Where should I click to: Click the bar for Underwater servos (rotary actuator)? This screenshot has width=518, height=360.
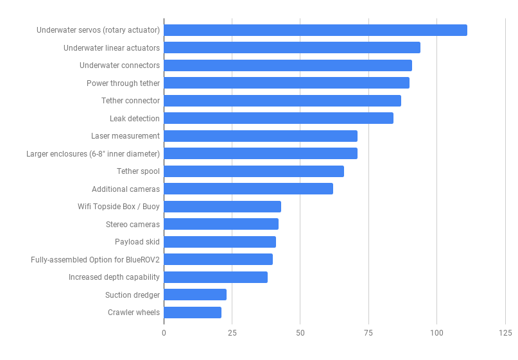click(315, 30)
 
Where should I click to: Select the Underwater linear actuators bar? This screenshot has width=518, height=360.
click(292, 47)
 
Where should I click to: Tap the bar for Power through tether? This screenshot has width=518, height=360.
click(286, 83)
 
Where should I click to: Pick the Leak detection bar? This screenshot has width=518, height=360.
click(279, 118)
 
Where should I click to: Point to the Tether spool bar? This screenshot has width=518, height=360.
click(254, 171)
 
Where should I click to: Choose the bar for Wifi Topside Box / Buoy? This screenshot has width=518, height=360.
click(222, 207)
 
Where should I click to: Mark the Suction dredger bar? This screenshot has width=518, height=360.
click(195, 295)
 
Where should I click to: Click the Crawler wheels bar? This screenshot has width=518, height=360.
click(193, 313)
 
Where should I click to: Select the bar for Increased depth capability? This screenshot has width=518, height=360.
click(216, 277)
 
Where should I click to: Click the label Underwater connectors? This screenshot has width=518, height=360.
click(119, 65)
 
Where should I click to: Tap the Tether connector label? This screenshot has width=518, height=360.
click(130, 101)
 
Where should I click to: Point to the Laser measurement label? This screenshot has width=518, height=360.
click(125, 136)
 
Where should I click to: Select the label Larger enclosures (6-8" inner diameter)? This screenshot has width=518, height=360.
click(93, 153)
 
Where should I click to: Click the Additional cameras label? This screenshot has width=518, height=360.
click(126, 189)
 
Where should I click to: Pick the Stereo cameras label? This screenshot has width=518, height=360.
click(133, 224)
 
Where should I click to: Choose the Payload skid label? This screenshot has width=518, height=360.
click(137, 242)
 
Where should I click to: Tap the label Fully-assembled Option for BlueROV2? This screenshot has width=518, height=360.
click(95, 259)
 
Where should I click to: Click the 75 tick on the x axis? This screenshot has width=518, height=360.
click(368, 333)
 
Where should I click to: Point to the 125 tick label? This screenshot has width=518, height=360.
click(505, 333)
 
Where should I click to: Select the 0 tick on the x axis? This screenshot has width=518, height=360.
click(164, 333)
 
